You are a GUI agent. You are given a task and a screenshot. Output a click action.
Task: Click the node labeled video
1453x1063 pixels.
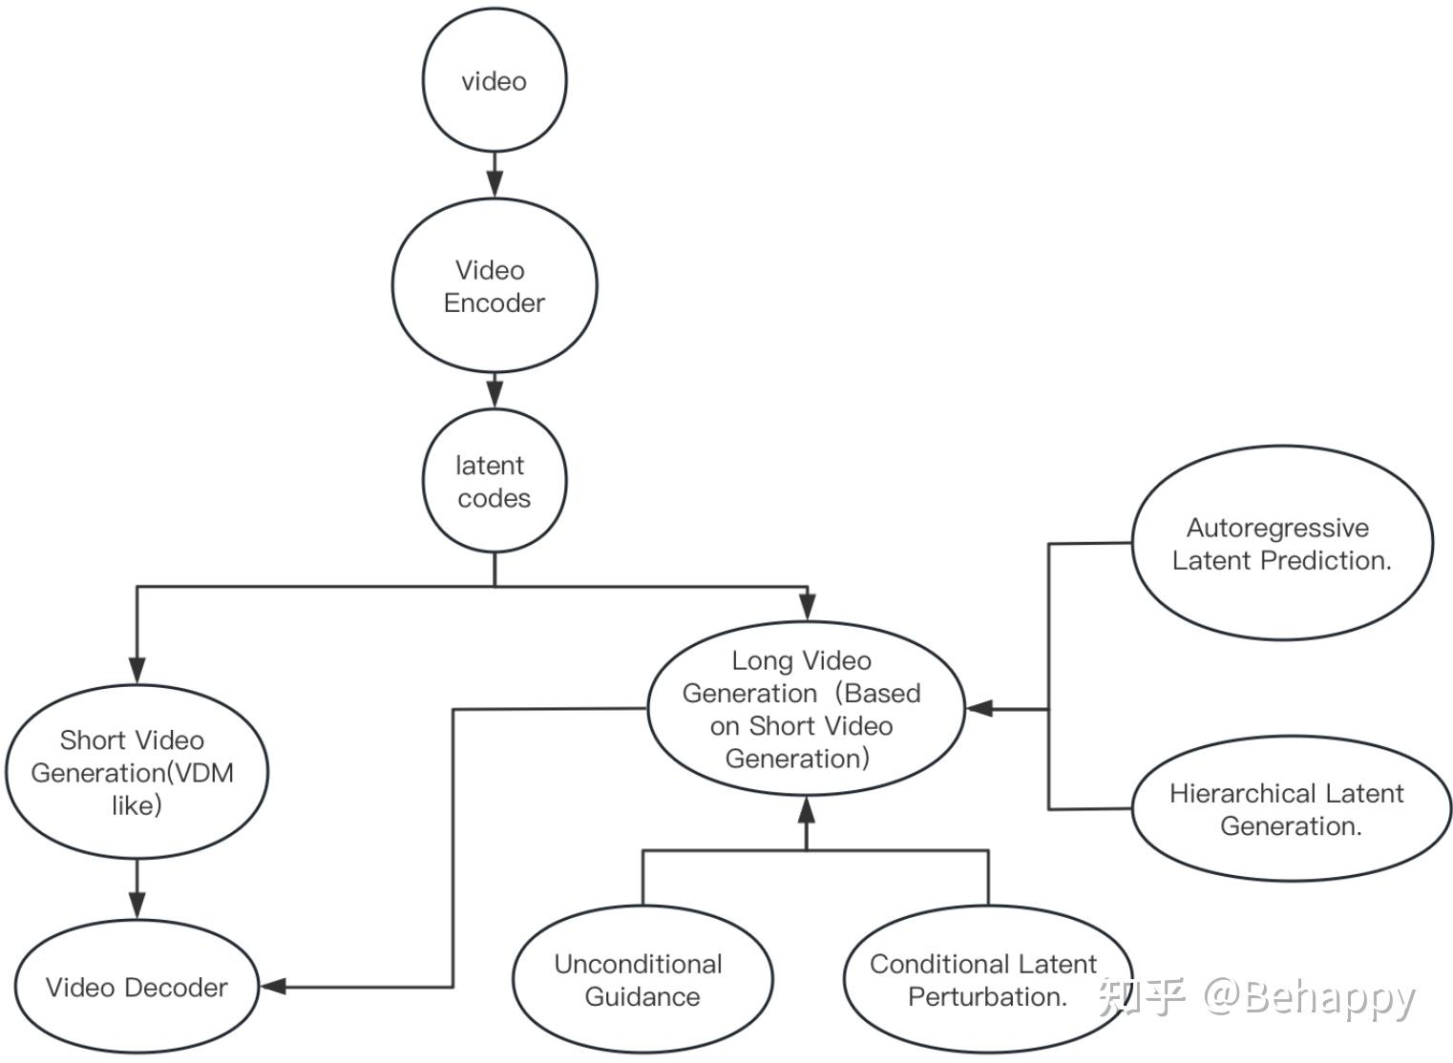495,81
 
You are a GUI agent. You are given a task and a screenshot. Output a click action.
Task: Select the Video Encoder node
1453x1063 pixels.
495,285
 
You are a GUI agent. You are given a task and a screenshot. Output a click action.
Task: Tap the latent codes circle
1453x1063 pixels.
495,481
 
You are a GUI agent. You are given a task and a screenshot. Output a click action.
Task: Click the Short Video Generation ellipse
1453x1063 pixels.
137,771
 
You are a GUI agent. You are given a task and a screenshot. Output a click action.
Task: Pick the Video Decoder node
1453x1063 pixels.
137,987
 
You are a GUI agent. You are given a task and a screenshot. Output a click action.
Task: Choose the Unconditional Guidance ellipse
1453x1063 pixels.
642,980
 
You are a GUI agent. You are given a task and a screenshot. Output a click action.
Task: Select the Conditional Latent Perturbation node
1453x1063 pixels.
987,980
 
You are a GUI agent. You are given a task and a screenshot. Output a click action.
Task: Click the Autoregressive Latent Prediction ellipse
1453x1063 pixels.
1281,543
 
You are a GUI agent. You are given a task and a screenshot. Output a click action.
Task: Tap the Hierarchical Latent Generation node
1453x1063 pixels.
1291,808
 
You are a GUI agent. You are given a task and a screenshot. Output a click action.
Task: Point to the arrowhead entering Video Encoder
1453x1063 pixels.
495,185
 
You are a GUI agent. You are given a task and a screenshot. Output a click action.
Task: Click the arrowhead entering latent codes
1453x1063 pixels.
495,394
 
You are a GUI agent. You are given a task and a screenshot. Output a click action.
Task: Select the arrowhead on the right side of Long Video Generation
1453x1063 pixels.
979,709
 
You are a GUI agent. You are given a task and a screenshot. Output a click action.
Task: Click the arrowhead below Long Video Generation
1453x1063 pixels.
807,811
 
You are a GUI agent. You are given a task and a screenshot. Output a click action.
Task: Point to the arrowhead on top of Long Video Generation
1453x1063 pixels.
808,607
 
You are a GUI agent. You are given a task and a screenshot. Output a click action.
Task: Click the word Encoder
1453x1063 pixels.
495,303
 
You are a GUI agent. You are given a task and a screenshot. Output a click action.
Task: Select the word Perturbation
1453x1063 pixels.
987,997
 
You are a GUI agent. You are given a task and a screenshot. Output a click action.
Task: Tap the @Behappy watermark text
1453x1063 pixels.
1309,997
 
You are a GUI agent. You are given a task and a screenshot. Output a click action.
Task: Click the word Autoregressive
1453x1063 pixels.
1277,528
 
